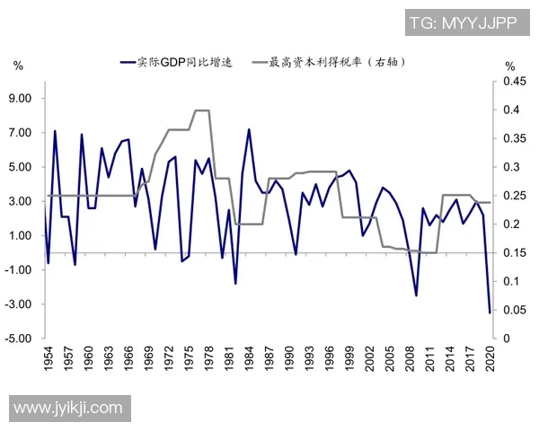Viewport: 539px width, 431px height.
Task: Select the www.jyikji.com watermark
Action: [x=67, y=408]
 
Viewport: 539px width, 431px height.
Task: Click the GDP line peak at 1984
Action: [x=249, y=129]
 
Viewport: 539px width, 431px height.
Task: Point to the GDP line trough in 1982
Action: [x=235, y=284]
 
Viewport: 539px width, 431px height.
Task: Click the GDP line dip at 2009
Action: [x=416, y=295]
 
